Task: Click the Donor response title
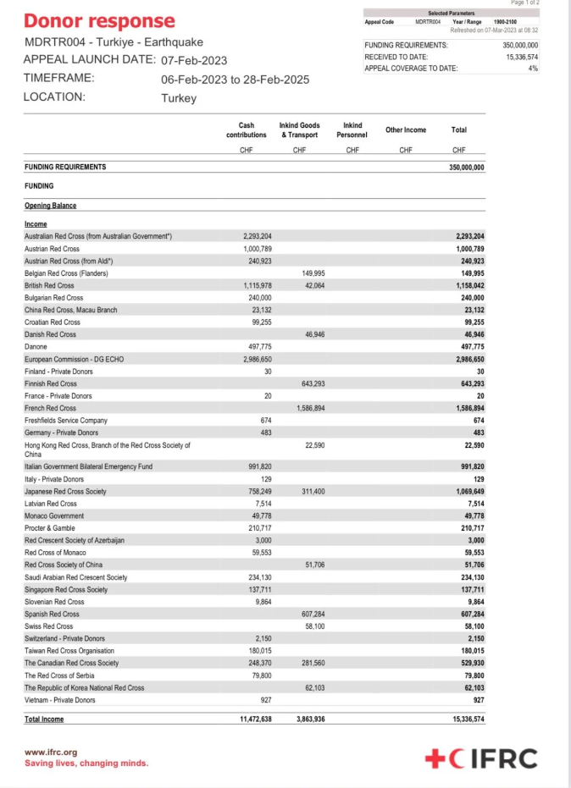click(x=100, y=21)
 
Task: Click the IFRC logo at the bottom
click(x=481, y=758)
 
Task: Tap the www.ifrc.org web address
click(x=51, y=752)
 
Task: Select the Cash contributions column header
click(x=246, y=129)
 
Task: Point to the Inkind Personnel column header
click(x=352, y=129)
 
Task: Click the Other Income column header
click(x=406, y=129)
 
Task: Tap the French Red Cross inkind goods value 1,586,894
click(x=310, y=407)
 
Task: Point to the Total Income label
click(x=44, y=719)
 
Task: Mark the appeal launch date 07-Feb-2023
click(x=194, y=60)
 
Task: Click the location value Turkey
click(x=178, y=97)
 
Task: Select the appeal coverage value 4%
click(x=533, y=69)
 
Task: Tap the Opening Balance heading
click(x=50, y=206)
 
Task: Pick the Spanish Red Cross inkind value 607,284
click(x=313, y=614)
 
